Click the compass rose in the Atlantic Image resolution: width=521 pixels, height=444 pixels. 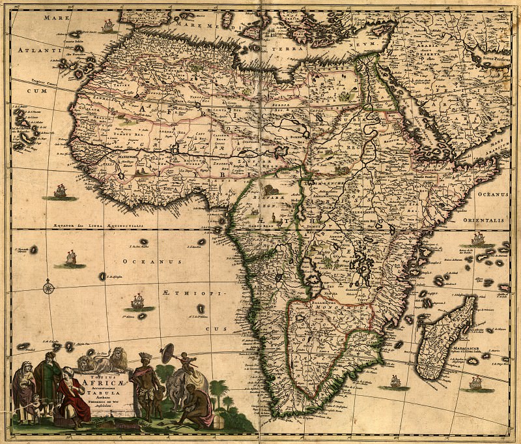(x=48, y=286)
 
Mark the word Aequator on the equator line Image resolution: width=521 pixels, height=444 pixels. (x=57, y=224)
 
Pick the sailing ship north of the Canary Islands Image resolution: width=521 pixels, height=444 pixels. (x=107, y=26)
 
